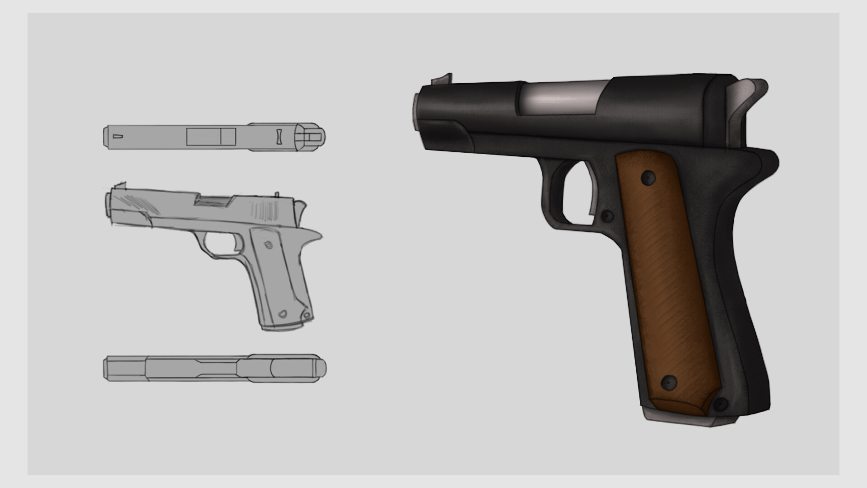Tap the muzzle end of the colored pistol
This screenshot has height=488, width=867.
click(x=416, y=110)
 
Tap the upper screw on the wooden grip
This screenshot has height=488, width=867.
click(x=648, y=178)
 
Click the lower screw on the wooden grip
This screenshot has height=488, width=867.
click(x=669, y=383)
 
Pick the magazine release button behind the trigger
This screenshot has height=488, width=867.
click(x=607, y=216)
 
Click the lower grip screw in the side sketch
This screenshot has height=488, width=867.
click(x=283, y=314)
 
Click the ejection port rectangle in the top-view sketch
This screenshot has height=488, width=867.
click(x=211, y=136)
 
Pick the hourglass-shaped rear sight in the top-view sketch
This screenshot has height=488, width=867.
click(x=279, y=136)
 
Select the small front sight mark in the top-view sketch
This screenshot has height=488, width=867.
click(x=118, y=136)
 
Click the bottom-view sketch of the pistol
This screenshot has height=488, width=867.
click(x=214, y=368)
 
